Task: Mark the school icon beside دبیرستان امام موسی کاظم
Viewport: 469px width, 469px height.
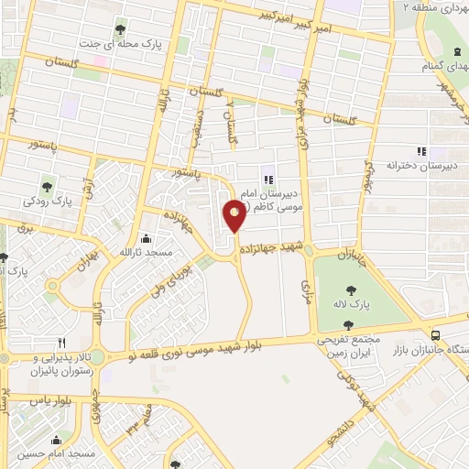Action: [267, 180]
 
